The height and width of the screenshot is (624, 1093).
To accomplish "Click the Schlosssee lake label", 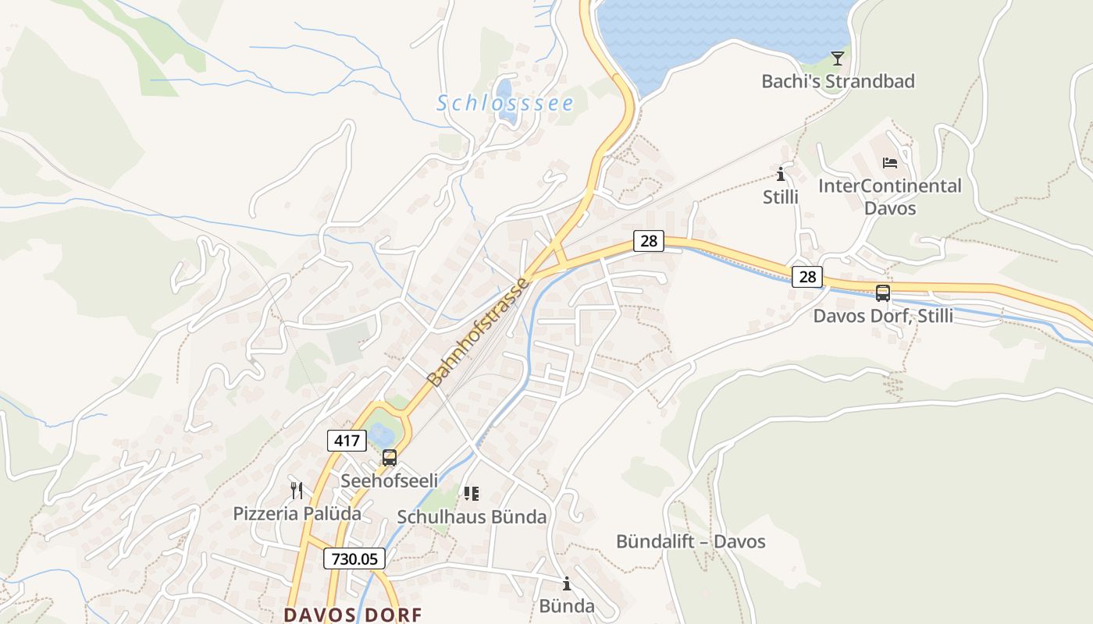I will (505, 103).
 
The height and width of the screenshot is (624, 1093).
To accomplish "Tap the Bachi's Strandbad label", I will (838, 81).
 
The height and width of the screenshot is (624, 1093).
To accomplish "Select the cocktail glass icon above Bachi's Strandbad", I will (838, 58).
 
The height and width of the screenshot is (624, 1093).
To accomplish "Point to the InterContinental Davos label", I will (889, 197).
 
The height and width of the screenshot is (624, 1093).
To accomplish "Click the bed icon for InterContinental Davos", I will (889, 163).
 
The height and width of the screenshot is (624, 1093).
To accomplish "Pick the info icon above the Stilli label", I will (780, 174).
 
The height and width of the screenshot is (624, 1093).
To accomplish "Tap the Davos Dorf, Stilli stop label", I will (883, 316).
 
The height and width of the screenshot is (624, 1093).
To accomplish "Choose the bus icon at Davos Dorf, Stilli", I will (883, 293).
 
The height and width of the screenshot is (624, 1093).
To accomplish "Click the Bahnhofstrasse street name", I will (479, 331).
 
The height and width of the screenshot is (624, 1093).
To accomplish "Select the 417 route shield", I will (346, 441).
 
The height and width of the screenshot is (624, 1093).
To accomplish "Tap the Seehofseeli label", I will (389, 480).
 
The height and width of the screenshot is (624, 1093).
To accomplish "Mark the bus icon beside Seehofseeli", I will (389, 458).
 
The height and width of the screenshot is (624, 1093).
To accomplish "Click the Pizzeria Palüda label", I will (297, 513).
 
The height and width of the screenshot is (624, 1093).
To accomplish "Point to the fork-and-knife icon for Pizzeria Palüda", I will (297, 491).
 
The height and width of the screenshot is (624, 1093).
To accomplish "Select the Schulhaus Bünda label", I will (472, 516).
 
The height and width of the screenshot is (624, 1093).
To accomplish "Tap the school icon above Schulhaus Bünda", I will (471, 493).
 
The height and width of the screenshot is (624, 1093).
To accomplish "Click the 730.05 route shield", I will (354, 558).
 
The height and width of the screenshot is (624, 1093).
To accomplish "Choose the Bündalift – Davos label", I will (690, 541).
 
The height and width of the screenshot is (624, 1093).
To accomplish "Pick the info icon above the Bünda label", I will (567, 583).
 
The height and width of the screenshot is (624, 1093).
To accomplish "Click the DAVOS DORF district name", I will (353, 615).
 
